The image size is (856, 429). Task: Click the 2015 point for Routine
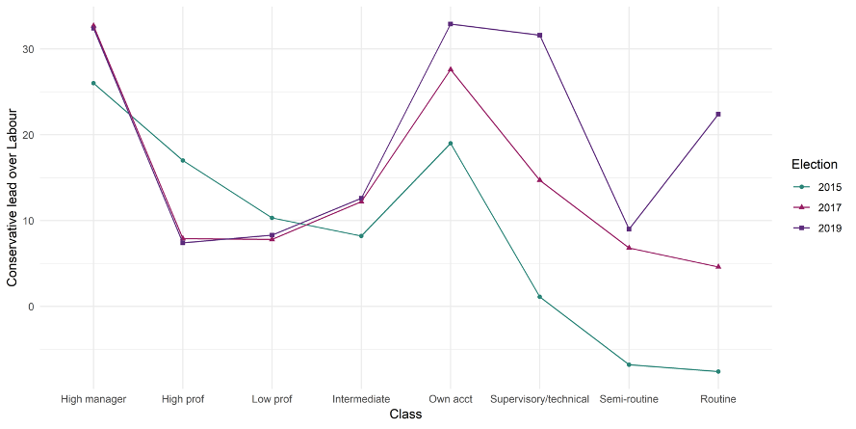coord(718,371)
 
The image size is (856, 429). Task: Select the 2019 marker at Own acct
coord(451,24)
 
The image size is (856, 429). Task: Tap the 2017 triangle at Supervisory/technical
coord(540,179)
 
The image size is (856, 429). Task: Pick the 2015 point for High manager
coord(93,83)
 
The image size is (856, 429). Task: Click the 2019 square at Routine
coord(718,114)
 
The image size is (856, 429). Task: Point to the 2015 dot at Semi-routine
coord(629,364)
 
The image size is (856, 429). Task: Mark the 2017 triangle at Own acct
coord(451,69)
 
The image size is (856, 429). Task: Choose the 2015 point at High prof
coord(183,160)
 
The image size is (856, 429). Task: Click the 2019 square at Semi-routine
coord(629,228)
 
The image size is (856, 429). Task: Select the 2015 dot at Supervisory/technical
coord(540,297)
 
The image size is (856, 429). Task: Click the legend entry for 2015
coord(818,187)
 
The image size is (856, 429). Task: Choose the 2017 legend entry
coord(818,207)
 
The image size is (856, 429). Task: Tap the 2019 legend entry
coord(818,228)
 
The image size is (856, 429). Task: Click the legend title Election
coord(815,165)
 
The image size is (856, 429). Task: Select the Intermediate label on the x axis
coord(361,398)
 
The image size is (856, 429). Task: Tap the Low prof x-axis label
coord(272,398)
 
